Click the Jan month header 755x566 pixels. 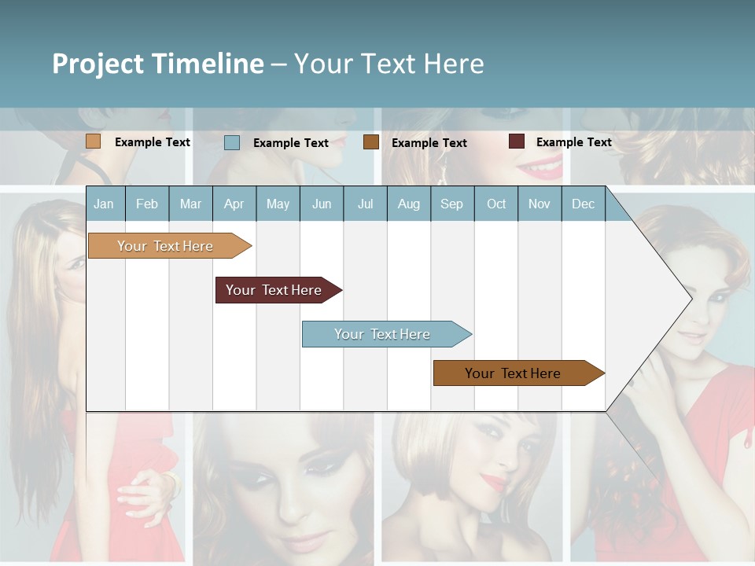point(104,204)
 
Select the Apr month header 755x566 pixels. point(234,204)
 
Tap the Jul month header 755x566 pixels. point(365,204)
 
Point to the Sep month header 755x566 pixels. point(451,204)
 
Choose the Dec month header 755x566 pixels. point(583,204)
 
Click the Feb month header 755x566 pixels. point(147,204)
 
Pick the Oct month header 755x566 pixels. point(496,204)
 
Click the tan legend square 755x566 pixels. point(94,141)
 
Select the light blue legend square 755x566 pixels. point(232,142)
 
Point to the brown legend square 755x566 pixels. point(371,142)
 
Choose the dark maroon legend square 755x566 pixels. point(516,141)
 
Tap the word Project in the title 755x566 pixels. point(98,64)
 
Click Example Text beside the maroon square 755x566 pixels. point(573,142)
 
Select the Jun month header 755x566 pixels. point(321,204)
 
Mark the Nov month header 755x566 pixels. point(540,204)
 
